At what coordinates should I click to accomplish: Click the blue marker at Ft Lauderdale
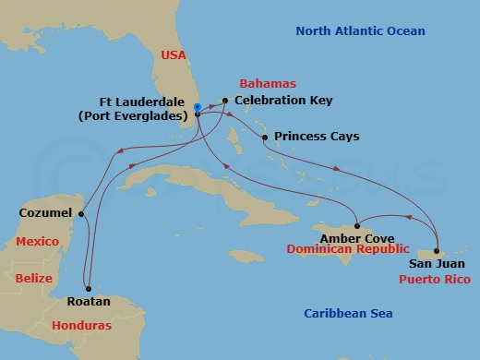(x=198, y=107)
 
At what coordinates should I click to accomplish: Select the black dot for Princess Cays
(x=265, y=138)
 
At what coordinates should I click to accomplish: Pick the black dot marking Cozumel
(x=81, y=214)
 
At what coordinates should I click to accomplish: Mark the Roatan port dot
(x=88, y=286)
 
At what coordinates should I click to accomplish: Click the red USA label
(x=174, y=54)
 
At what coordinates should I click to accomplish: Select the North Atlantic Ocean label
(x=360, y=31)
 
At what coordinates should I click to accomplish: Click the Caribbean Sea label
(x=352, y=314)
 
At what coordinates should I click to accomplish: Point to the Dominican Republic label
(x=347, y=249)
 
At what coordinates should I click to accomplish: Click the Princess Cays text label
(x=317, y=137)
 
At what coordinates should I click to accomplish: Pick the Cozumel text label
(x=45, y=213)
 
